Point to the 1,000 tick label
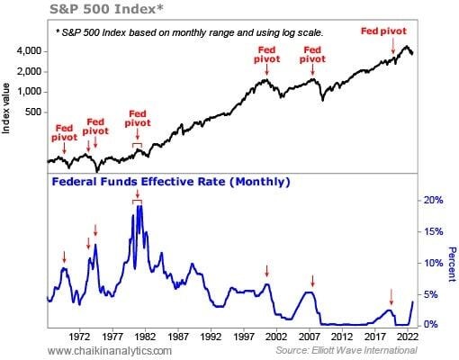(27, 92)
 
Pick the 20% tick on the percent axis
(435, 200)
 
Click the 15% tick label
(435, 231)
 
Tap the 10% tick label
(435, 263)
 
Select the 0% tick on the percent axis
(433, 324)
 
